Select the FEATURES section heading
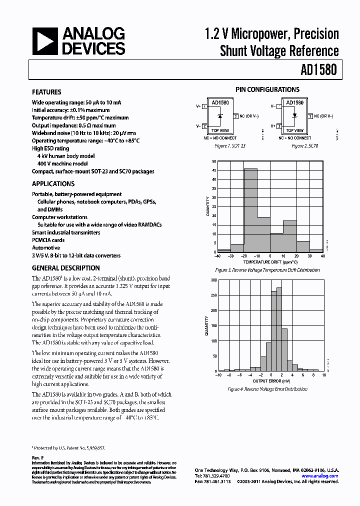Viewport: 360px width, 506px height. coord(46,92)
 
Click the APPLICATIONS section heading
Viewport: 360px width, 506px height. coord(53,183)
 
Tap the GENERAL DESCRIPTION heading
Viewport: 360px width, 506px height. coord(66,268)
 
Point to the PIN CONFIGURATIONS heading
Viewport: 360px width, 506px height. coord(267,89)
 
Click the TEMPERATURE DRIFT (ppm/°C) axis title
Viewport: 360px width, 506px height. coord(270,262)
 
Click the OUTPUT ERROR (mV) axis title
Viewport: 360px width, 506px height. coord(270,379)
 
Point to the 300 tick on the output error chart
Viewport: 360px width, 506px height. coord(213,280)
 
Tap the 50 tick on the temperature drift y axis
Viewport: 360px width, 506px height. coord(214,161)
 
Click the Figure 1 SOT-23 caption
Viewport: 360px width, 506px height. coord(229,146)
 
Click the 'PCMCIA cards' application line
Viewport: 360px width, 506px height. coord(48,240)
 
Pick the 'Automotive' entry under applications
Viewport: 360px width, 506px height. coord(46,248)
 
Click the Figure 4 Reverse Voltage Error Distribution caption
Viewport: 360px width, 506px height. coord(267,389)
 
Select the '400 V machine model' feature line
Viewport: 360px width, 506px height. coord(62,163)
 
